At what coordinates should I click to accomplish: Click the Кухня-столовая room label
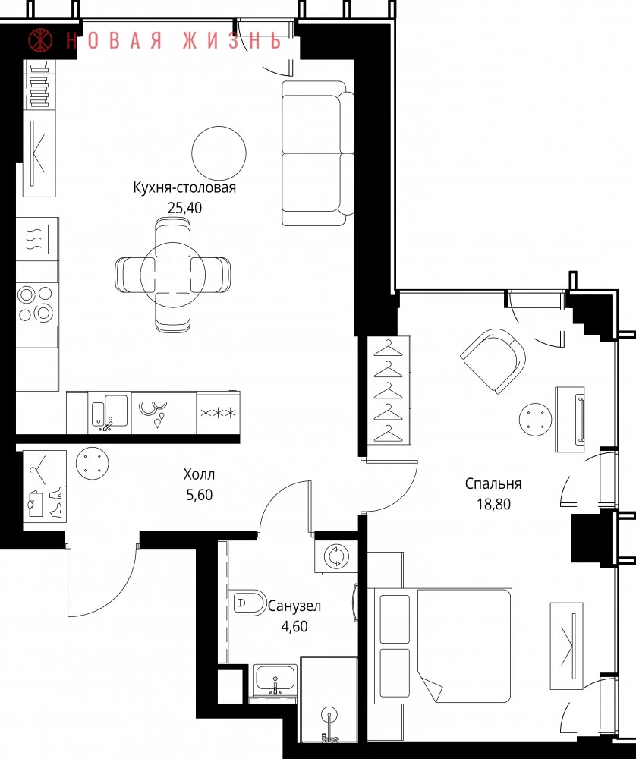pyautogui.click(x=184, y=187)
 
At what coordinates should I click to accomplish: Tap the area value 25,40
pyautogui.click(x=184, y=208)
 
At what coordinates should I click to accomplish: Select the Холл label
pyautogui.click(x=199, y=474)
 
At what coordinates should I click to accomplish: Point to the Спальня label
pyautogui.click(x=493, y=483)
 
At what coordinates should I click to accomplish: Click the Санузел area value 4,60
pyautogui.click(x=294, y=626)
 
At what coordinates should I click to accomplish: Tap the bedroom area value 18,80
pyautogui.click(x=493, y=504)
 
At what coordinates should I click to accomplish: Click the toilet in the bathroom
pyautogui.click(x=247, y=603)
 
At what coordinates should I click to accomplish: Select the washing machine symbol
pyautogui.click(x=336, y=556)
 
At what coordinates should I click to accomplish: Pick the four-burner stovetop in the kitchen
pyautogui.click(x=36, y=304)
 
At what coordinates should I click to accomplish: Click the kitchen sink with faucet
pyautogui.click(x=110, y=412)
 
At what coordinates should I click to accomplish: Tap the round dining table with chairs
pyautogui.click(x=173, y=275)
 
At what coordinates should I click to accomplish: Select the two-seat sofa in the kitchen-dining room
pyautogui.click(x=318, y=153)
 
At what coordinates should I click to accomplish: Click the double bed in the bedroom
pyautogui.click(x=439, y=646)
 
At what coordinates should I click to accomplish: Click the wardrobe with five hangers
pyautogui.click(x=389, y=390)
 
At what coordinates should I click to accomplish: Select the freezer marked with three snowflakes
pyautogui.click(x=219, y=413)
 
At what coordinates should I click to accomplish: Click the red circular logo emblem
pyautogui.click(x=41, y=40)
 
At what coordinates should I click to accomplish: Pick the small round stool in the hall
pyautogui.click(x=93, y=463)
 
